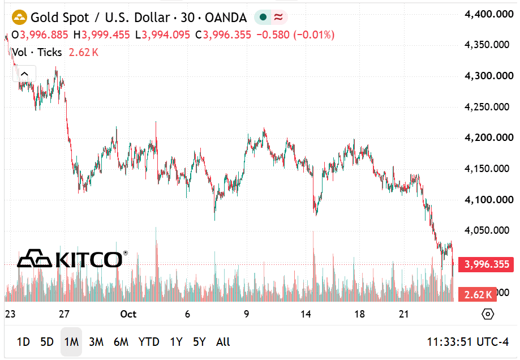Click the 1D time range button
23,342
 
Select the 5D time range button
47,342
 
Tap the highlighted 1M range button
71,342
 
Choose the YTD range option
149,342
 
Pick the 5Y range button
199,342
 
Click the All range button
223,342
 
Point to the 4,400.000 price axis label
489,14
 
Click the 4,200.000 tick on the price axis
489,138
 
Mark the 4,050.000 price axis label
487,230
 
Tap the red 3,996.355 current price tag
486,264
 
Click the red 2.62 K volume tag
478,294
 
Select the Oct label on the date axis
128,314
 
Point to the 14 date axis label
306,314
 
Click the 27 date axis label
64,314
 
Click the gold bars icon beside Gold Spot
19,17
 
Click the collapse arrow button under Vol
24,74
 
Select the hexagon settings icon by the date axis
488,314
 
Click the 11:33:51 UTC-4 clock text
467,342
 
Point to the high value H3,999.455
101,35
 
